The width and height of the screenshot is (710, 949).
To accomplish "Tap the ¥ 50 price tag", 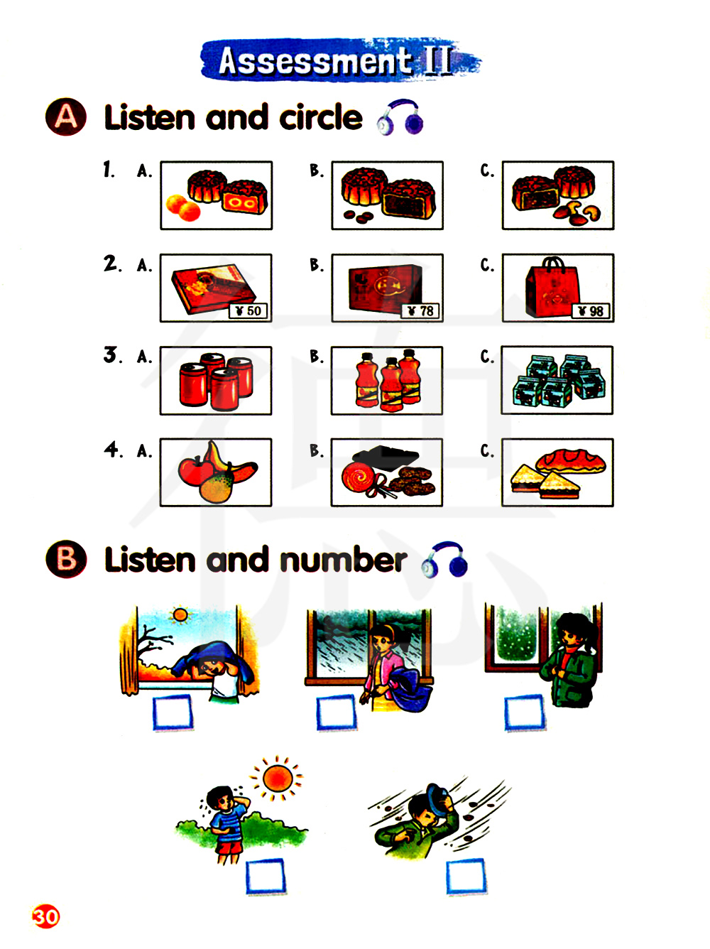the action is (x=248, y=311).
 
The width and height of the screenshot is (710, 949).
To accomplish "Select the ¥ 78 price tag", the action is (x=420, y=311).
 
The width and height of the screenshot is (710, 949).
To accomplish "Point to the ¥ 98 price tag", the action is (x=590, y=311).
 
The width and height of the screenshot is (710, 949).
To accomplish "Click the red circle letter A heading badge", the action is (x=66, y=116).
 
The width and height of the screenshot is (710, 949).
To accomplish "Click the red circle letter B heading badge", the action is (x=66, y=558).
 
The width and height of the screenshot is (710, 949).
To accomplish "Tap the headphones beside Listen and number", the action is (x=444, y=559).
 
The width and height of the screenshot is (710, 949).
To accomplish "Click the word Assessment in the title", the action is (x=315, y=60).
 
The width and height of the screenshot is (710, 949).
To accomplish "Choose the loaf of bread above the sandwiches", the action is (x=570, y=461).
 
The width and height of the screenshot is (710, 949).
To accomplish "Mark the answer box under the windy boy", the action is (x=466, y=877).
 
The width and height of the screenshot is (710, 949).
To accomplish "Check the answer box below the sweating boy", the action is (x=266, y=877).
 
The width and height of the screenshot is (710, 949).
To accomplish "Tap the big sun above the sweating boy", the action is (x=278, y=779).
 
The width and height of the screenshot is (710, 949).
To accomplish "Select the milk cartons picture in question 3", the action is (x=557, y=380).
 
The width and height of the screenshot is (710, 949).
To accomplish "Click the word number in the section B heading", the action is (x=344, y=560).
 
